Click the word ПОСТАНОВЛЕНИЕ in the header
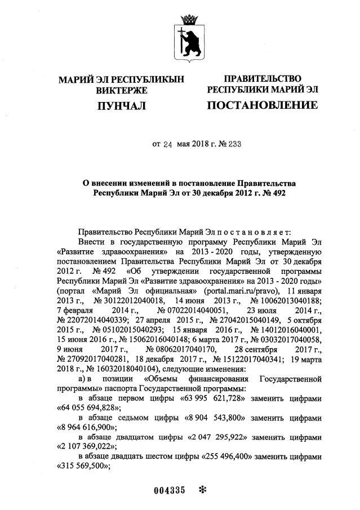(262, 105)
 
